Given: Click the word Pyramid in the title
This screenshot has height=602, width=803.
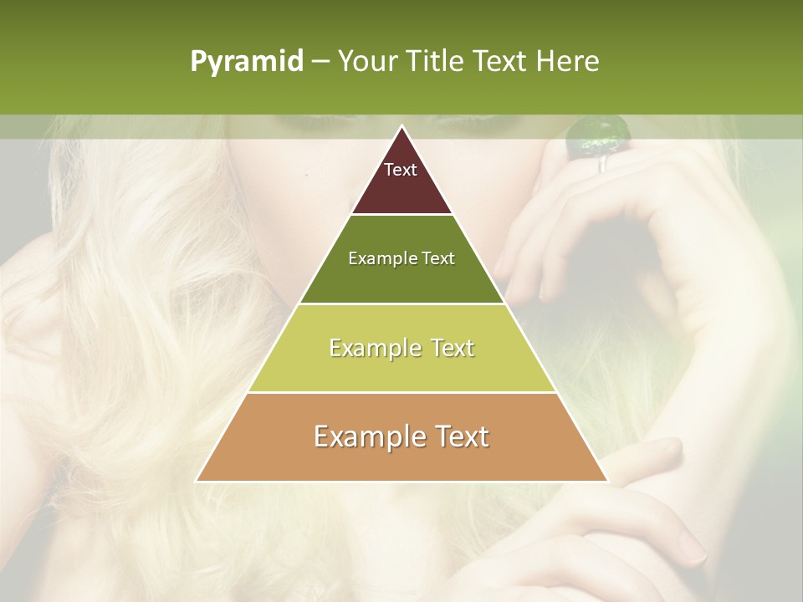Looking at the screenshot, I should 247,62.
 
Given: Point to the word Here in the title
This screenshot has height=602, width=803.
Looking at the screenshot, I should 568,62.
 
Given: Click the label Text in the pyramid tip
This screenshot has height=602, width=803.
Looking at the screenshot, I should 401,170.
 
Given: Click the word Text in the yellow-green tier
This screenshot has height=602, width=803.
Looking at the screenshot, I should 448,348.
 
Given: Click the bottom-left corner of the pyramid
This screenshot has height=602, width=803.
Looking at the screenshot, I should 197,481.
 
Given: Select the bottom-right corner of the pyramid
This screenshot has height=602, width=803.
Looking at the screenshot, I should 607,481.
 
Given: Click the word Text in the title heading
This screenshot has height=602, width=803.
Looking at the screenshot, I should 503,62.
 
